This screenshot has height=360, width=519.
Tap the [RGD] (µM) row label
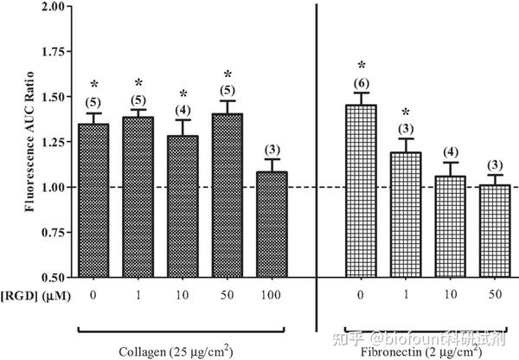(x=36, y=294)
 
